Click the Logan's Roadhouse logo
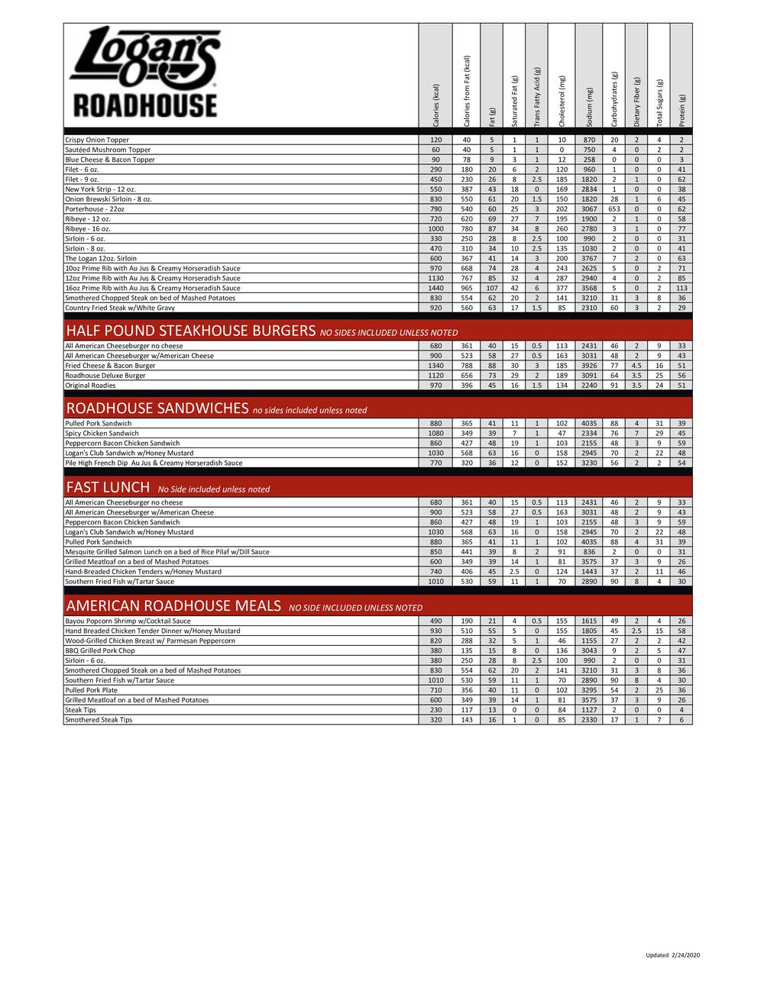[144, 73]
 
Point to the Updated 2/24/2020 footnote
[672, 955]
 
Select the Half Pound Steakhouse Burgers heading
[190, 331]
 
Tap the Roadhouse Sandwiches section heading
[157, 408]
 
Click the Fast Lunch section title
[108, 488]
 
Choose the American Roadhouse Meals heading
[173, 606]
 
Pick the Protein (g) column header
[682, 111]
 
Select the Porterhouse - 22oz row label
[94, 208]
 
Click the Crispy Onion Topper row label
[97, 140]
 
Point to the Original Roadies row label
[90, 386]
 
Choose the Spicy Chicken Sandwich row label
[102, 433]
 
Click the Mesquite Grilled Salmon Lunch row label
[167, 551]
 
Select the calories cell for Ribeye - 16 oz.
[435, 228]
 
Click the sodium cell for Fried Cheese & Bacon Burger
[590, 366]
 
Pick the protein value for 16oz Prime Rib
[681, 288]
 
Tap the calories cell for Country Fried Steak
[435, 308]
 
